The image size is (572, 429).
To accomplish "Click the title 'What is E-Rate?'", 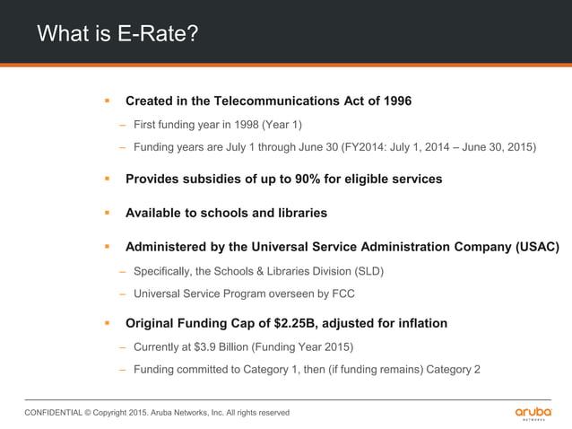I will [117, 34].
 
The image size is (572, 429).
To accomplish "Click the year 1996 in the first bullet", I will [395, 101].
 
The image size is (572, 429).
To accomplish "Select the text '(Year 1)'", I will [282, 125].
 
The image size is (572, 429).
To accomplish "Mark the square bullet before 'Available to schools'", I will [106, 214].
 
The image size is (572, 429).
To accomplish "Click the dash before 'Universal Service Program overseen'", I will [122, 293].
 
